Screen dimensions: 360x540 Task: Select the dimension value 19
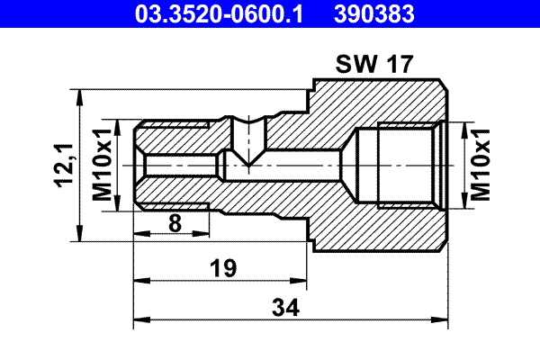pos(222,267)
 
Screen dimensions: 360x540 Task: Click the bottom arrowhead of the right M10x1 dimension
pos(464,204)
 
